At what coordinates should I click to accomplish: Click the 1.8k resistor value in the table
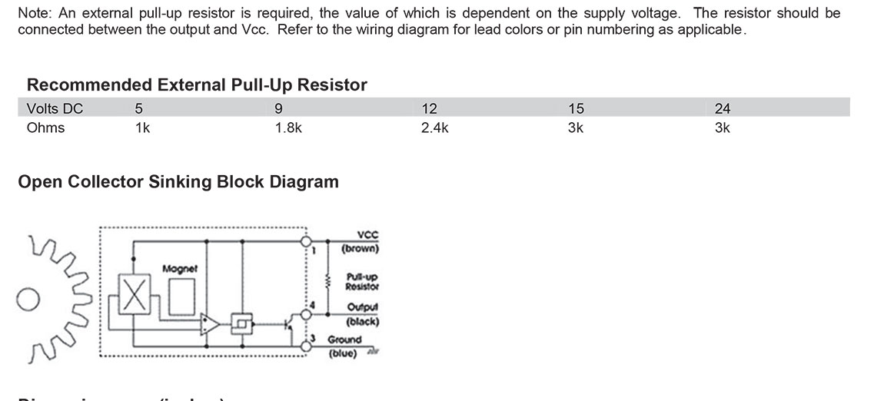tap(288, 128)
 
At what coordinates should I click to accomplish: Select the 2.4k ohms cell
tap(434, 128)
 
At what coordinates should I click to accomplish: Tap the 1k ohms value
tap(142, 128)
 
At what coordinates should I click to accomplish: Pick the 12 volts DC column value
tap(430, 108)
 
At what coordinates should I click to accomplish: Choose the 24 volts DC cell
tap(722, 108)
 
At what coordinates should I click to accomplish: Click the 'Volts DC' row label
tap(55, 108)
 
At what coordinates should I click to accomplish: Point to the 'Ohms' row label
tap(45, 128)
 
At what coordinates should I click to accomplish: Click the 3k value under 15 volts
tap(576, 128)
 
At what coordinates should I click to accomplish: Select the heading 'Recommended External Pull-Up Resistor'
tap(197, 85)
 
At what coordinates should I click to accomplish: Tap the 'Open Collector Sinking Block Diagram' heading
tap(178, 182)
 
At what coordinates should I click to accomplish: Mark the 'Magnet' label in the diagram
tap(181, 269)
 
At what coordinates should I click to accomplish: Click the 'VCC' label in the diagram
tap(367, 236)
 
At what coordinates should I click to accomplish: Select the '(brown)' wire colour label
tap(361, 248)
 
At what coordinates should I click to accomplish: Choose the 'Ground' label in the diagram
tap(345, 340)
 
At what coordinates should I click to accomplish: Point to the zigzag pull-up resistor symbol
tap(329, 282)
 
